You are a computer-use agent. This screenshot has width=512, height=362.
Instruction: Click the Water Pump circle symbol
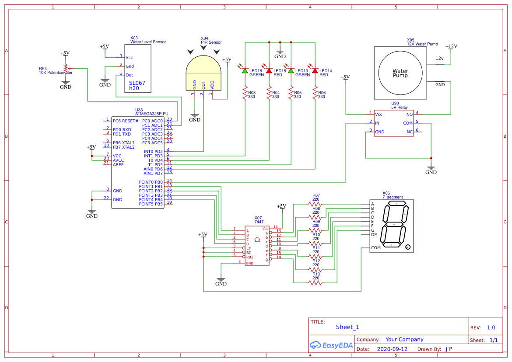[x=400, y=73]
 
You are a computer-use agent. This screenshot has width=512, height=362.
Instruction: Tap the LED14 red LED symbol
[x=315, y=70]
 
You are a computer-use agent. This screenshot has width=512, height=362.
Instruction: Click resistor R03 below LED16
[x=245, y=94]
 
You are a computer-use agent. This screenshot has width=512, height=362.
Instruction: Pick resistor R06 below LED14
[x=315, y=94]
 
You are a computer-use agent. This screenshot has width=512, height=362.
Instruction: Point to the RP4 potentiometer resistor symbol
[x=66, y=69]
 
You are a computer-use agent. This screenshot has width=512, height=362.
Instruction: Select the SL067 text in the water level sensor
[x=137, y=83]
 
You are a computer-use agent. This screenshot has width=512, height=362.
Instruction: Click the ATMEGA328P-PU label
[x=151, y=114]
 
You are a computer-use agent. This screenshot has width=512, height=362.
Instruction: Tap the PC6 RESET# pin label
[x=125, y=121]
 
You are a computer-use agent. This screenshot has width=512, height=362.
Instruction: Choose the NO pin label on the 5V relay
[x=410, y=114]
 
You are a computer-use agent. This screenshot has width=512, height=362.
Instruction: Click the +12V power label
[x=451, y=46]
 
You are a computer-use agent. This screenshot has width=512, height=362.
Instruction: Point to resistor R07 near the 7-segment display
[x=316, y=204]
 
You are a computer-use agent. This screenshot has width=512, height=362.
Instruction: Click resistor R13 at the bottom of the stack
[x=316, y=283]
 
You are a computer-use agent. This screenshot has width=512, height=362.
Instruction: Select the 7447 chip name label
[x=258, y=222]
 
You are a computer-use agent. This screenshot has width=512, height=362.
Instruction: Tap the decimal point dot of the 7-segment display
[x=408, y=247]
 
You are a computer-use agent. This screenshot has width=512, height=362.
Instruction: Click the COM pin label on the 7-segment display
[x=375, y=248]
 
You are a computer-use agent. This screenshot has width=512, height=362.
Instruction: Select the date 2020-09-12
[x=392, y=349]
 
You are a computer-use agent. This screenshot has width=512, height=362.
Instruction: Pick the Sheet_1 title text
[x=347, y=327]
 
